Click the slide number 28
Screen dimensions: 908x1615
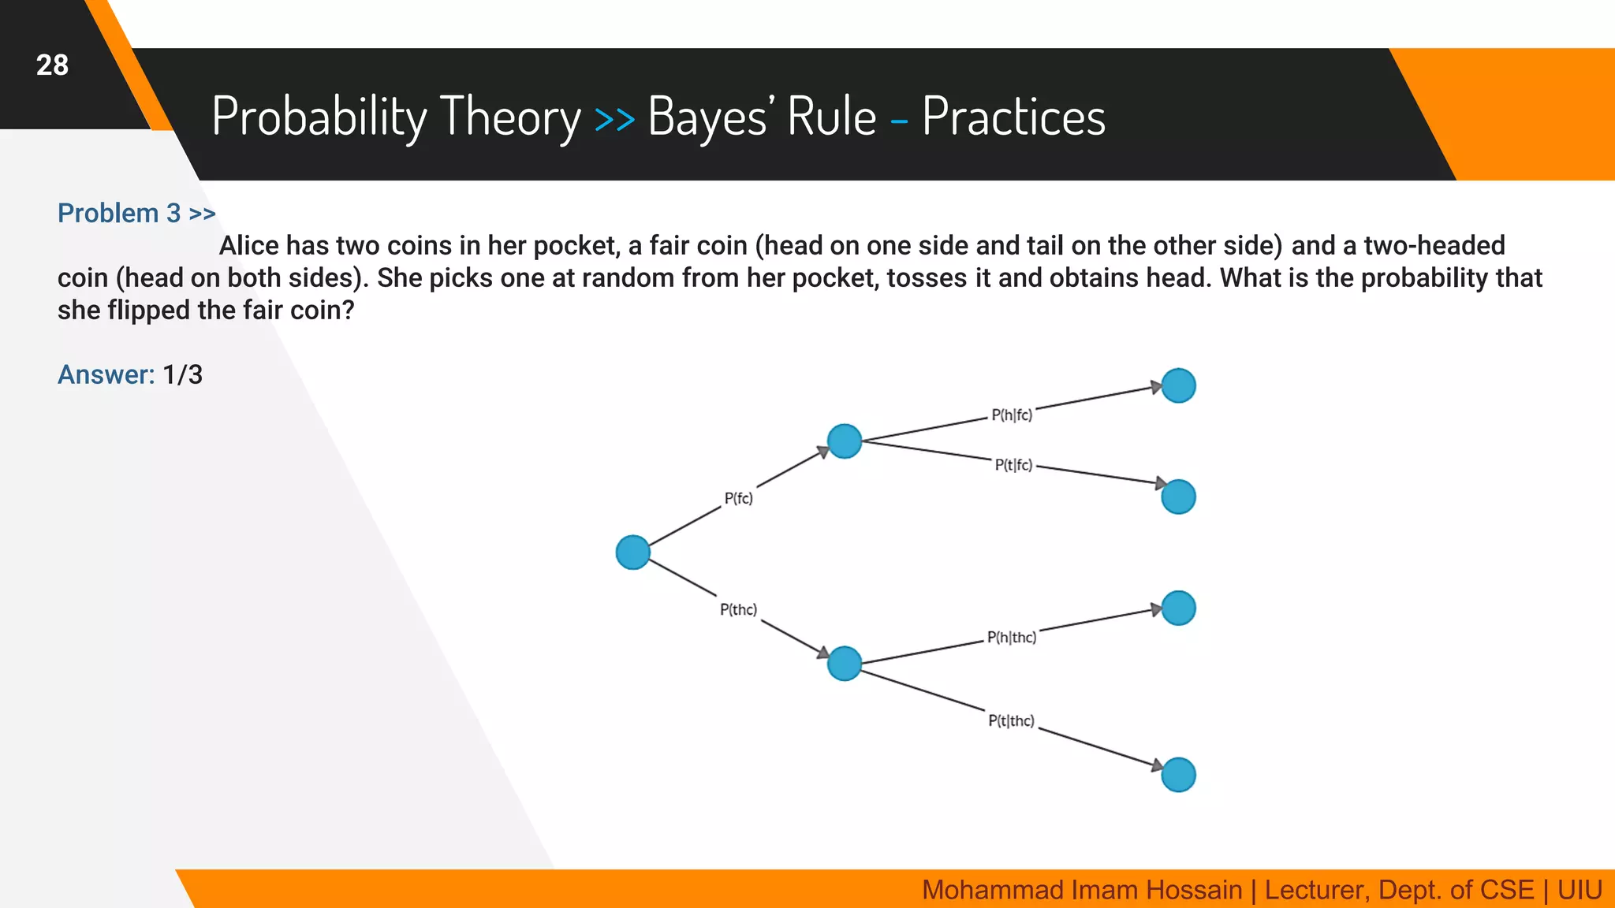[52, 65]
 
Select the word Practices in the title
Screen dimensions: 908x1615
[1013, 117]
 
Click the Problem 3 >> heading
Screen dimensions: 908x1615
[136, 214]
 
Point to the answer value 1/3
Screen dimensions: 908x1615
[182, 374]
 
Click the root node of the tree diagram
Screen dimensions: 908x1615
[632, 552]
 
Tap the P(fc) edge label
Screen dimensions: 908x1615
[738, 498]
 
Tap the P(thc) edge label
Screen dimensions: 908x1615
[738, 609]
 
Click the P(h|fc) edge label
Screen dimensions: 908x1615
[1012, 415]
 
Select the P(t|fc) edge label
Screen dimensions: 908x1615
[1013, 465]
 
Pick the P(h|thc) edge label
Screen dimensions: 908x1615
[1012, 637]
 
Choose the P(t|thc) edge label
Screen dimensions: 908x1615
[1011, 720]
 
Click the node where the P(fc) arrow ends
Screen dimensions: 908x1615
[845, 441]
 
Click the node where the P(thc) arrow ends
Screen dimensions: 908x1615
[845, 663]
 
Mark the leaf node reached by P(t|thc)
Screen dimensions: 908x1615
[1178, 775]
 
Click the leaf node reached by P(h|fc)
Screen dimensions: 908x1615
[1178, 385]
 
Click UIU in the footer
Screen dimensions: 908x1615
[1580, 890]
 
